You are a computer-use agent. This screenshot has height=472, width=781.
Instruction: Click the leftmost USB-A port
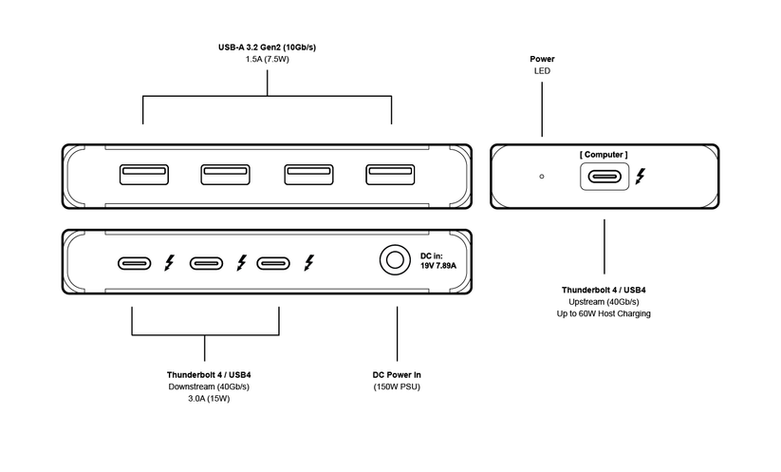click(x=143, y=175)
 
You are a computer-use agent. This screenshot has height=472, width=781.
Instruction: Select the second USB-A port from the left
click(x=225, y=175)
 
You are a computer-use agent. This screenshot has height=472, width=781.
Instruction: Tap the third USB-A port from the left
click(x=308, y=175)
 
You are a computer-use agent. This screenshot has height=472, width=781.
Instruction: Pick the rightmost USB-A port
click(x=390, y=175)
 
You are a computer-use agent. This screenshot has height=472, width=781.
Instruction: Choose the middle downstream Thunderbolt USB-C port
click(x=207, y=263)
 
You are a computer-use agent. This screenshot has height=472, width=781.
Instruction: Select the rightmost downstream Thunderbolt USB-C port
click(x=274, y=263)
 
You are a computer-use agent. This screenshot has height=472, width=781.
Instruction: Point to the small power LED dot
click(x=542, y=176)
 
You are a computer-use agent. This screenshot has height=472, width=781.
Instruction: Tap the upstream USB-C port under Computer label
click(x=604, y=177)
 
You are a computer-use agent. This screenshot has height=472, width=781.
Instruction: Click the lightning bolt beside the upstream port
click(x=642, y=177)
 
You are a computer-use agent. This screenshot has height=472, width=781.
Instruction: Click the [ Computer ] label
click(x=604, y=155)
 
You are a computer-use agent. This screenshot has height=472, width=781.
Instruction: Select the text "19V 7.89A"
click(x=438, y=266)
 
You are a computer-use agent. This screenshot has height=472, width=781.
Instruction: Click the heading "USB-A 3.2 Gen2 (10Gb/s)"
click(x=267, y=47)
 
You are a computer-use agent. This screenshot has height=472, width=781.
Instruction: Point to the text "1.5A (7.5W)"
click(x=267, y=59)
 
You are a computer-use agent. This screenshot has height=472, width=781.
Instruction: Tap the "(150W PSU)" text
click(x=396, y=387)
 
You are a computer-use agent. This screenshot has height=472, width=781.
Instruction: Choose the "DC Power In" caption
click(x=396, y=375)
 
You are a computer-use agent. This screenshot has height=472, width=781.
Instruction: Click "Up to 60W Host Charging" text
click(x=604, y=313)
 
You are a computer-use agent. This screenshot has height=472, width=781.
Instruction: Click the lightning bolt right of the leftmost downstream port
click(x=170, y=263)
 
